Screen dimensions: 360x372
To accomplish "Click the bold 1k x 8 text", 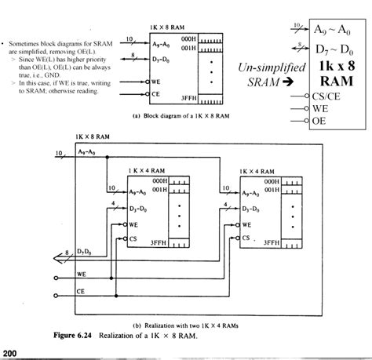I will [x=336, y=67].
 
